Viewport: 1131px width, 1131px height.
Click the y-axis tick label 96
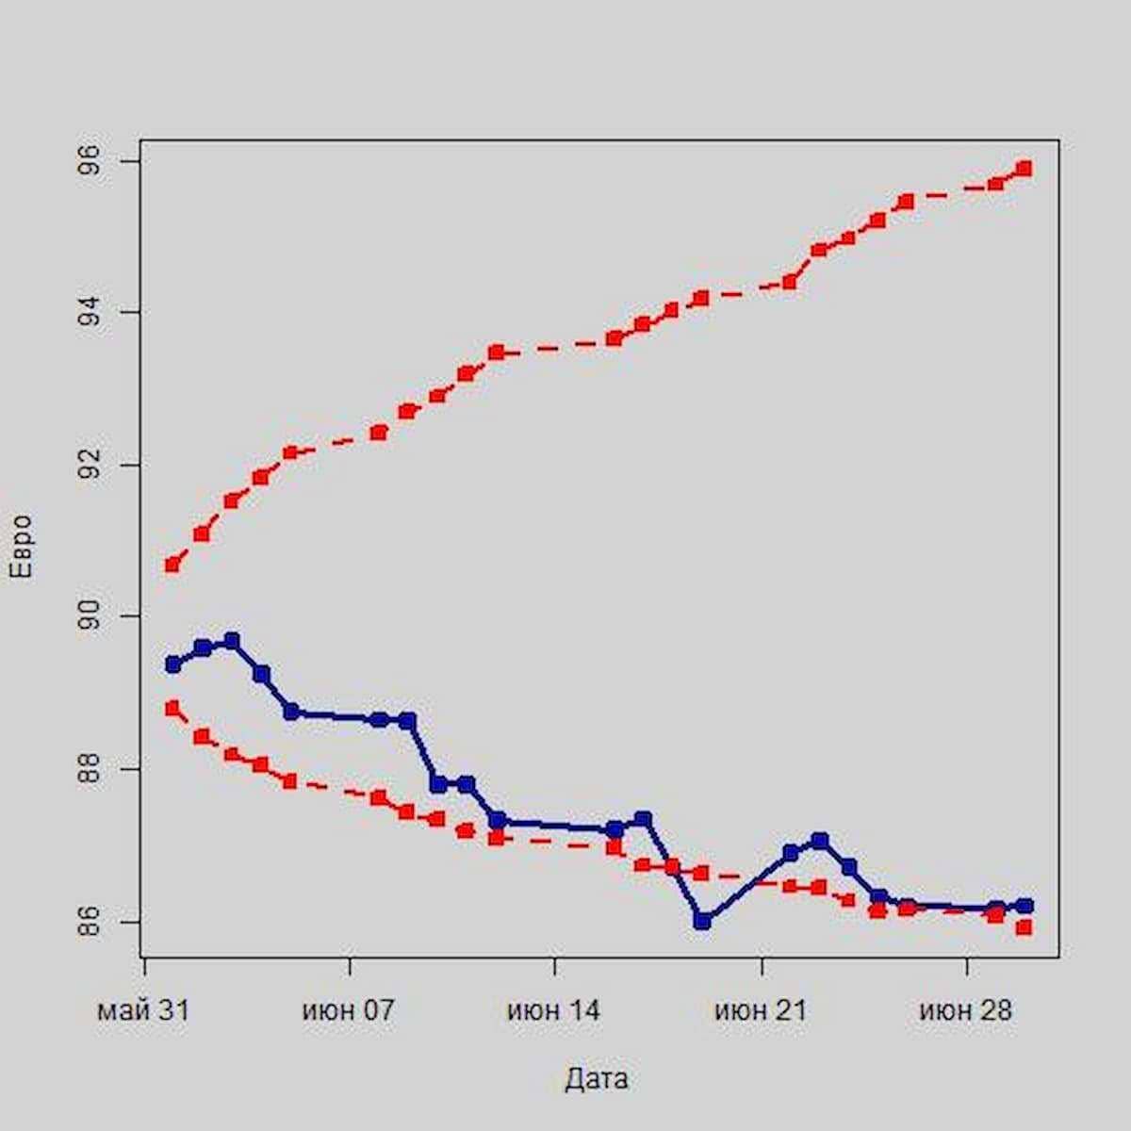click(90, 162)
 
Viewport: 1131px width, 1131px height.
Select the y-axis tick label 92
click(90, 465)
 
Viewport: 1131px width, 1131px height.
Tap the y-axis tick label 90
click(90, 616)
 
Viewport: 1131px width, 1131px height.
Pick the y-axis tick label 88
click(90, 769)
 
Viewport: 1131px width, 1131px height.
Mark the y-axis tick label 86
click(90, 921)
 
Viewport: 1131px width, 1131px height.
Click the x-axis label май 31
click(143, 1011)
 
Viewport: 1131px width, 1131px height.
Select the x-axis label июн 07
click(349, 1011)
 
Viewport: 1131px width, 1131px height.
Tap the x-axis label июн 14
click(554, 1011)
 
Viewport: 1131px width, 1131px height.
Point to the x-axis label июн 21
click(761, 1011)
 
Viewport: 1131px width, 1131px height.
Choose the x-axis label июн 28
click(966, 1011)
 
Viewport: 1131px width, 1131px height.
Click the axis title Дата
click(597, 1079)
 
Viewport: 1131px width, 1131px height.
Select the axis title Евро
click(21, 546)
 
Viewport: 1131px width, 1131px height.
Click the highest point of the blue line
click(232, 642)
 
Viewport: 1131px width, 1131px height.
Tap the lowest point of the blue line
click(701, 921)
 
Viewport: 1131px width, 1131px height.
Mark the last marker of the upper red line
click(1024, 169)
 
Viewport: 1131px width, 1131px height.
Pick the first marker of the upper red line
click(172, 565)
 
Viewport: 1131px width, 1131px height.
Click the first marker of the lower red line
click(172, 708)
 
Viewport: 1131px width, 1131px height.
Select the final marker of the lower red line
click(1024, 927)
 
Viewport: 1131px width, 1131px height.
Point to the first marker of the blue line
click(172, 664)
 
